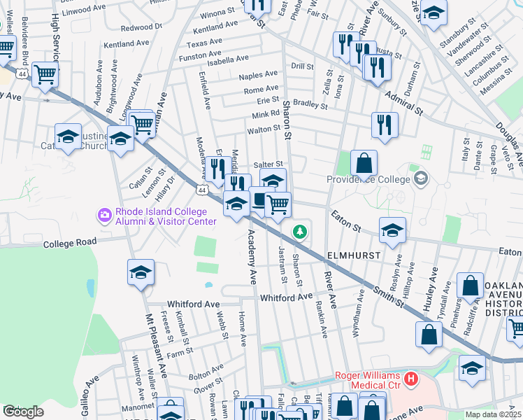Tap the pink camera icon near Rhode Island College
pos(106,215)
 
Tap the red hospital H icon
pos(410,379)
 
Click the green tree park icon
pos(300,230)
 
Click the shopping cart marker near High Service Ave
pos(45,73)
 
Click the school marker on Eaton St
pos(393,229)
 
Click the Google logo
pos(23,412)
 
